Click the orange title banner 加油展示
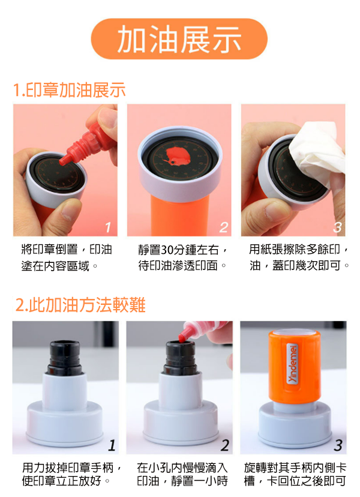[179, 39]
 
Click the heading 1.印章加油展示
[70, 89]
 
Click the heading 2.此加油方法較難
[80, 304]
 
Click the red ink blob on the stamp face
[178, 157]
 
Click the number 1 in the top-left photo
[108, 227]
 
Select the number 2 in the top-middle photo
[223, 227]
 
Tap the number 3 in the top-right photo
[337, 227]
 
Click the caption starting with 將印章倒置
[67, 258]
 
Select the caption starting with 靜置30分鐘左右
[182, 258]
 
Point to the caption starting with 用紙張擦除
[299, 258]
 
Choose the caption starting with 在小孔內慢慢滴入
[182, 474]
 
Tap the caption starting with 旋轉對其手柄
[295, 474]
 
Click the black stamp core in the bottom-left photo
[65, 358]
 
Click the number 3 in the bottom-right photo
[338, 445]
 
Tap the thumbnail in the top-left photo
[68, 211]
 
